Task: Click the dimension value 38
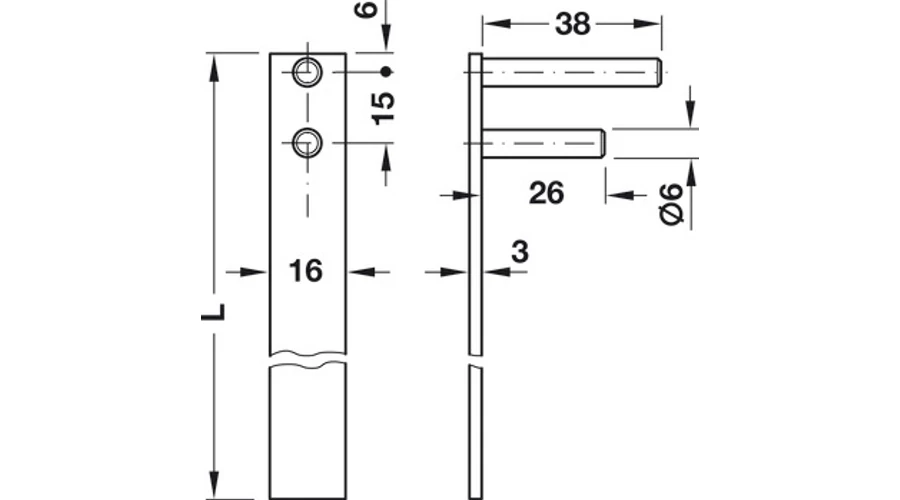[x=572, y=24]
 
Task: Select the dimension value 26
[x=546, y=193]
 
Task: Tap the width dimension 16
[x=306, y=271]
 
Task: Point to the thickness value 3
[x=519, y=252]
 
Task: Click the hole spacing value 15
[x=383, y=108]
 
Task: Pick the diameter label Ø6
[x=672, y=204]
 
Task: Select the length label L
[x=213, y=311]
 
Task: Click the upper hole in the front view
[x=308, y=72]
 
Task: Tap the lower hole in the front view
[x=308, y=142]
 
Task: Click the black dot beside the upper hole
[x=386, y=72]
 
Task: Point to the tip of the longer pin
[x=661, y=72]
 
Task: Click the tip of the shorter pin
[x=603, y=143]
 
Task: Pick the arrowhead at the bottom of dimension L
[x=214, y=485]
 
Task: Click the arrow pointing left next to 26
[x=620, y=195]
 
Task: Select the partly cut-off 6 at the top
[x=366, y=8]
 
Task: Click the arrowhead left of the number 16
[x=254, y=272]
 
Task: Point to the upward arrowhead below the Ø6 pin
[x=690, y=173]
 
